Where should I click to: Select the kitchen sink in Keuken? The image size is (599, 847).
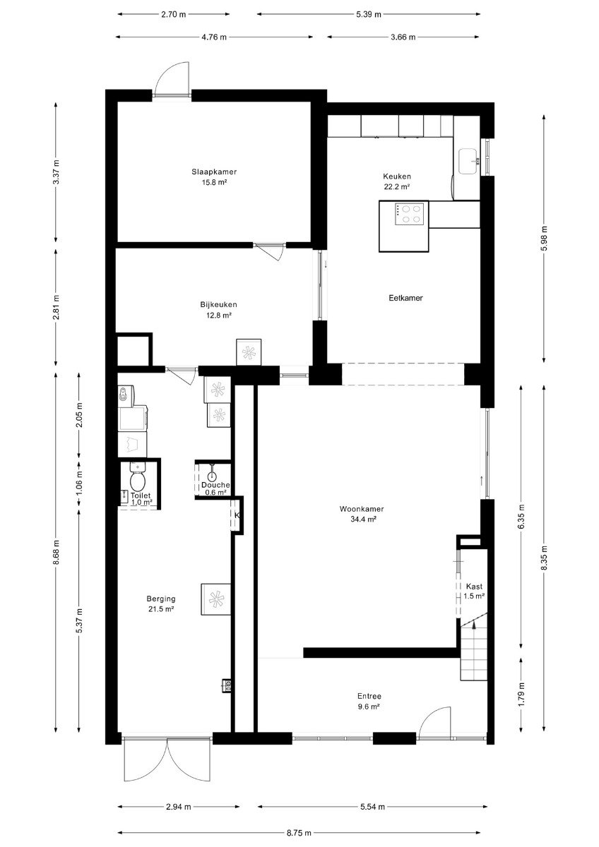pyautogui.click(x=469, y=162)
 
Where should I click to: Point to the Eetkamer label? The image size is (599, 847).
pyautogui.click(x=405, y=298)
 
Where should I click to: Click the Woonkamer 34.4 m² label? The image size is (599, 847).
pyautogui.click(x=362, y=514)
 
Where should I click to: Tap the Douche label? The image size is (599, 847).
pyautogui.click(x=215, y=485)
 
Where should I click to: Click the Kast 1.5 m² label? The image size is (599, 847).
pyautogui.click(x=475, y=591)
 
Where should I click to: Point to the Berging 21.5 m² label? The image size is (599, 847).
pyautogui.click(x=161, y=604)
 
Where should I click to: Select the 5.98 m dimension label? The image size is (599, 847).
pyautogui.click(x=544, y=239)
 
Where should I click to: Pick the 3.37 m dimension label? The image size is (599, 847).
pyautogui.click(x=56, y=172)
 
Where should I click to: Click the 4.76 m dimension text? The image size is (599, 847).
pyautogui.click(x=214, y=37)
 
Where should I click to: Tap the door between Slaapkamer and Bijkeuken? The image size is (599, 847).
pyautogui.click(x=269, y=251)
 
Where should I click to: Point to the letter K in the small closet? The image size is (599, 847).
pyautogui.click(x=237, y=515)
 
